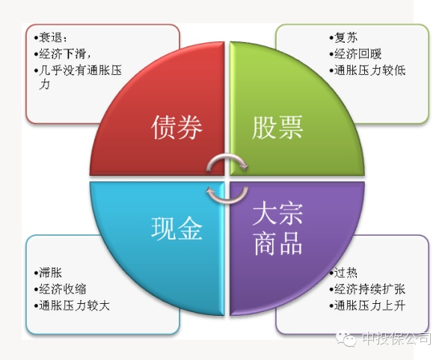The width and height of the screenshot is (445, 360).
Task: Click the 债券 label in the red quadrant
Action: [x=177, y=127]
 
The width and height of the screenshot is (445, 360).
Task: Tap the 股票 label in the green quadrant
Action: [x=277, y=127]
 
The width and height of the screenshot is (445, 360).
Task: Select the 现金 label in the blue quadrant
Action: [x=177, y=228]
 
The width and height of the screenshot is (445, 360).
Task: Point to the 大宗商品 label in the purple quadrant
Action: [x=277, y=228]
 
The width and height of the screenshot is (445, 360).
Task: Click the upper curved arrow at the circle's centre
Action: [x=227, y=156]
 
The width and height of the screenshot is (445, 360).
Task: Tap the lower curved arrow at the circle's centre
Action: [x=227, y=201]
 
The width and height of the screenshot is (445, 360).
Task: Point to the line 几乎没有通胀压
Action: [x=80, y=70]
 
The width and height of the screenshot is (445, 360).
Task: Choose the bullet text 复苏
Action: [x=346, y=37]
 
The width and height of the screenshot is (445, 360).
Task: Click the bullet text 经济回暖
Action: [x=358, y=54]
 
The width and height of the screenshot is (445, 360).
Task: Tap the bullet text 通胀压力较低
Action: [x=369, y=70]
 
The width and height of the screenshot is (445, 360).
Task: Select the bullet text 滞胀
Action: [x=51, y=273]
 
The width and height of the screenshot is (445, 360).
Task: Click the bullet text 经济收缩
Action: [x=62, y=290]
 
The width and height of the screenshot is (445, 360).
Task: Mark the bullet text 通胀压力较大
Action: [x=74, y=306]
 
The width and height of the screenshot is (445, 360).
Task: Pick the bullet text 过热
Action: [x=346, y=273]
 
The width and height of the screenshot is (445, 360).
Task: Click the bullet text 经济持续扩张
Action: [x=369, y=290]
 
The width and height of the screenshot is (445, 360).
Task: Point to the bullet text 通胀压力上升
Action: [x=369, y=306]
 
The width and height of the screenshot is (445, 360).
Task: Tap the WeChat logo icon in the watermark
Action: [x=346, y=338]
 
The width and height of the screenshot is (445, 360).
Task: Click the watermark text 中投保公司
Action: [x=396, y=339]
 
